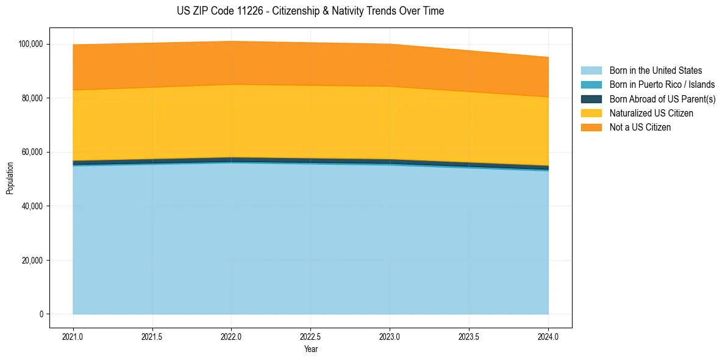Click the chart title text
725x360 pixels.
click(x=310, y=11)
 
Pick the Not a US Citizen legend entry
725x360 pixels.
click(x=640, y=128)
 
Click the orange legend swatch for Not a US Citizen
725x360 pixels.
click(x=591, y=128)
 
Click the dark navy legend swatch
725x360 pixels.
click(x=591, y=99)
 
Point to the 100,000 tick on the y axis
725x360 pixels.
click(x=31, y=44)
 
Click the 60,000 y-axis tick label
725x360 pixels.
click(x=33, y=152)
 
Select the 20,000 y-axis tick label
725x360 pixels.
click(x=33, y=261)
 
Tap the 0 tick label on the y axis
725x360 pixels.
click(x=41, y=314)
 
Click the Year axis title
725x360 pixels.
click(x=310, y=350)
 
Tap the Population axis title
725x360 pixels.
click(x=10, y=178)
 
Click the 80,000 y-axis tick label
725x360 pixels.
click(x=33, y=98)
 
